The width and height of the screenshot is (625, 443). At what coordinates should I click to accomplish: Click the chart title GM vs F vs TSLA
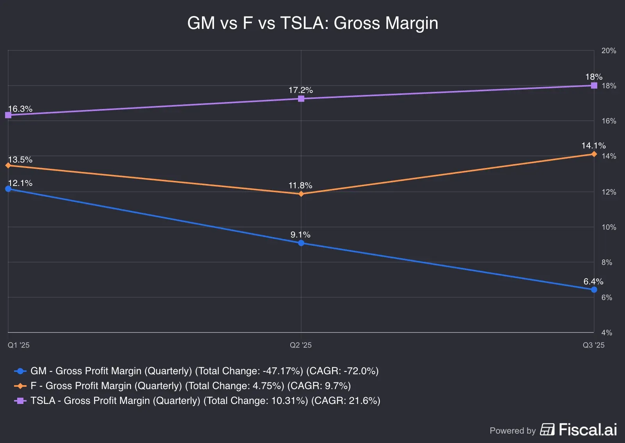click(x=312, y=23)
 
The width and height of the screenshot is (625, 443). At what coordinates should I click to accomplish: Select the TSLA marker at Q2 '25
click(x=301, y=99)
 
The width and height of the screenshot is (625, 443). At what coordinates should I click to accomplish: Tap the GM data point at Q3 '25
click(x=594, y=289)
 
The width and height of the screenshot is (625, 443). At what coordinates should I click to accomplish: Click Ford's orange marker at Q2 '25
click(x=301, y=194)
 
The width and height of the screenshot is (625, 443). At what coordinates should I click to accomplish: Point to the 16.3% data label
click(x=20, y=109)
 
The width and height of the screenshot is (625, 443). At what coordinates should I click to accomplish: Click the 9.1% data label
click(x=300, y=235)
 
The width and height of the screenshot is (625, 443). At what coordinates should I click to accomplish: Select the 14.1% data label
click(x=593, y=146)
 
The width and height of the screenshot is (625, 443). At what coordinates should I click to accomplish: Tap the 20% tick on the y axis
click(x=609, y=51)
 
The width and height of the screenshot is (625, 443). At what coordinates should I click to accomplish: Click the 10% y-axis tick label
click(x=609, y=227)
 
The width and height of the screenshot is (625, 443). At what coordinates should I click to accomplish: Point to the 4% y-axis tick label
click(x=607, y=333)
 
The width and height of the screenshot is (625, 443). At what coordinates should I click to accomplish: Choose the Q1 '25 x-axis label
click(x=19, y=345)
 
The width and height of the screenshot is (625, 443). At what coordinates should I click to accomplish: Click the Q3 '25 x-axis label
click(x=593, y=345)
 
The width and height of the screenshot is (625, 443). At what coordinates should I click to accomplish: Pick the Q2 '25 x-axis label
click(x=301, y=345)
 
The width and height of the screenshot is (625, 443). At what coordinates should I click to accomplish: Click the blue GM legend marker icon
click(x=20, y=371)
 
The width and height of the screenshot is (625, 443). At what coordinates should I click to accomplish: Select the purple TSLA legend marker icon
click(x=20, y=401)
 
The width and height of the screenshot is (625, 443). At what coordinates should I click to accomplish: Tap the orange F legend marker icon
click(x=20, y=386)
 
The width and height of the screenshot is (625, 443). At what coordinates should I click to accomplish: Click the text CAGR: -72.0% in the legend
click(x=343, y=371)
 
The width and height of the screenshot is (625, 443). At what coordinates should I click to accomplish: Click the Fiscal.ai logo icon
click(x=547, y=430)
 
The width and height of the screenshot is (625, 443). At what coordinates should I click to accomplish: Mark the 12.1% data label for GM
click(x=20, y=183)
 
